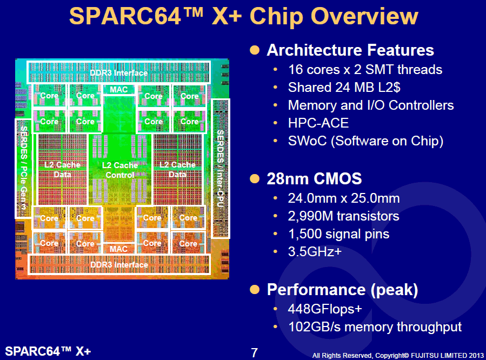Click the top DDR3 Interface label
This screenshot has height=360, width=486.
(x=119, y=73)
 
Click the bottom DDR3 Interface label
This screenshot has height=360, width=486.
(x=119, y=265)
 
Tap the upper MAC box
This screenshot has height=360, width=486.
(x=119, y=89)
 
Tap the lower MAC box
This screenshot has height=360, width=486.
(x=119, y=249)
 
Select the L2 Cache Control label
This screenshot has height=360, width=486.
(x=119, y=170)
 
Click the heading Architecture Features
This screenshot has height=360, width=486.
(x=350, y=50)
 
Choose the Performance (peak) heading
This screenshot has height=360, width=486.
(x=342, y=290)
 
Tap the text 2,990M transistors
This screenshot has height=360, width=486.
(x=343, y=216)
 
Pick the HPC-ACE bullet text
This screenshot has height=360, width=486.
(x=318, y=123)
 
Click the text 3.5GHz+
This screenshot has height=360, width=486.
(x=315, y=251)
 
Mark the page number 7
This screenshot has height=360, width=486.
(x=255, y=353)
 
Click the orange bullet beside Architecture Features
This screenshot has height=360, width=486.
(x=255, y=50)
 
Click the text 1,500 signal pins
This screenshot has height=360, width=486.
(x=338, y=234)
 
